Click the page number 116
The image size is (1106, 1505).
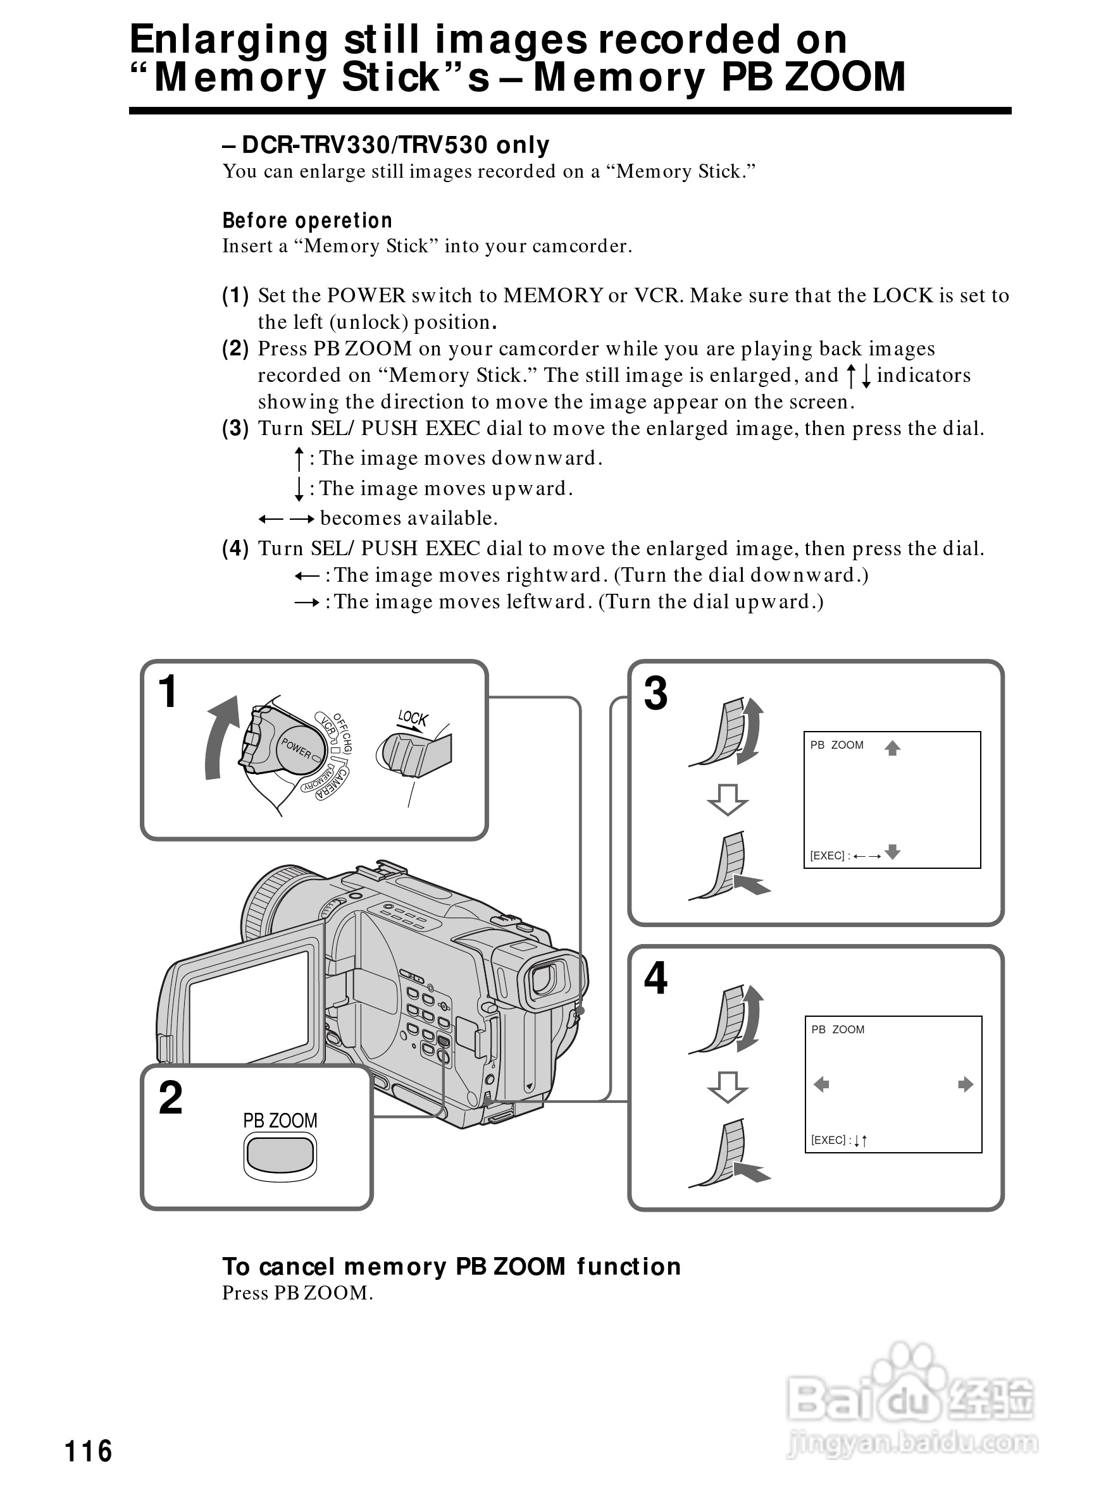click(x=89, y=1451)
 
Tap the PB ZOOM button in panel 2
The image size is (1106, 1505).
click(x=280, y=1153)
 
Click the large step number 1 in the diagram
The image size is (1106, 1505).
click(x=168, y=691)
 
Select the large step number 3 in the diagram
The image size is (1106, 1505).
click(x=656, y=693)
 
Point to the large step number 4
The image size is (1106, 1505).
click(x=656, y=978)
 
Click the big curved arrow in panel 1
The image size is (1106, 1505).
click(x=221, y=736)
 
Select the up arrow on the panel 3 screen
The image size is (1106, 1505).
click(x=892, y=748)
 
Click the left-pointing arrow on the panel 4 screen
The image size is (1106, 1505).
click(x=821, y=1084)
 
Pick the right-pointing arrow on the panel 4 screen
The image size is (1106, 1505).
click(x=965, y=1084)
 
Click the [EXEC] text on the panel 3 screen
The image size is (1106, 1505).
click(x=828, y=856)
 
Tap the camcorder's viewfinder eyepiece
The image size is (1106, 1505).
click(x=542, y=979)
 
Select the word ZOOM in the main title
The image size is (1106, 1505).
click(x=845, y=77)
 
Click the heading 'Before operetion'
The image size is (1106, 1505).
click(x=308, y=220)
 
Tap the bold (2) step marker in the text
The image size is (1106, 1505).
click(x=235, y=348)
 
